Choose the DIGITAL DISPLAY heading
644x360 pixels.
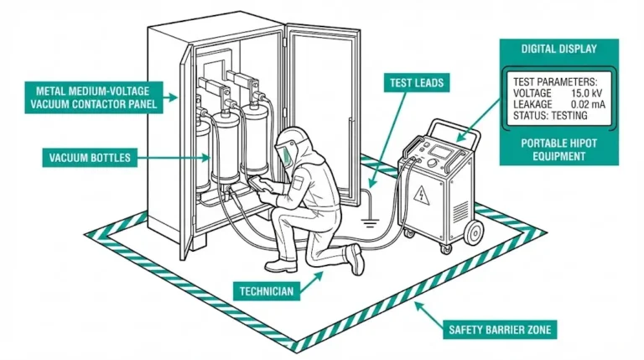pyautogui.click(x=558, y=50)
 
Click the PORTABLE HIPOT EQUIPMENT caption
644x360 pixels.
pyautogui.click(x=558, y=149)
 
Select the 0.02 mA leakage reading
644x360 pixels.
pyautogui.click(x=581, y=105)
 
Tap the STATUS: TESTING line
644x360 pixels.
pyautogui.click(x=551, y=116)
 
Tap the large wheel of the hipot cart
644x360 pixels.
pyautogui.click(x=473, y=232)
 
